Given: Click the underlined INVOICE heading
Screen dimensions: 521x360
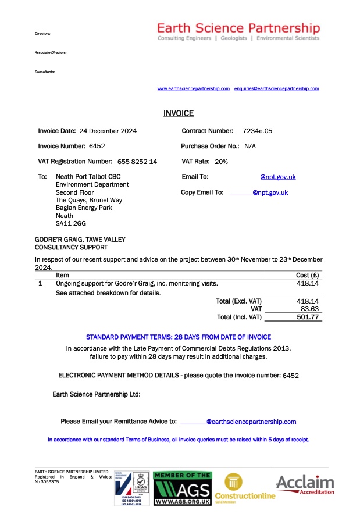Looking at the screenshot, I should tap(179, 113).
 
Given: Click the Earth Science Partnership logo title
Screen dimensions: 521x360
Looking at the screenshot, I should tap(238, 27).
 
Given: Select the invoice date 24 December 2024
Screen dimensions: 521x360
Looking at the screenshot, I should tap(108, 131).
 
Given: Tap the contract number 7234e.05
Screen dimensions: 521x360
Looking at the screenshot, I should tap(258, 131).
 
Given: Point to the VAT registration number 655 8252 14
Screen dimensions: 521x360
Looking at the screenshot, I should tap(137, 162).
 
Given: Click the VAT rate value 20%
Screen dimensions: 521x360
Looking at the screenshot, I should tap(221, 162).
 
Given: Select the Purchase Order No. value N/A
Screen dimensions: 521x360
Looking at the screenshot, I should tap(250, 146).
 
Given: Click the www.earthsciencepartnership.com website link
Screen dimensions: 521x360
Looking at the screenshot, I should tap(194, 88).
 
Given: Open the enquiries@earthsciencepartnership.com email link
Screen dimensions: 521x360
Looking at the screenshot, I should tap(276, 88).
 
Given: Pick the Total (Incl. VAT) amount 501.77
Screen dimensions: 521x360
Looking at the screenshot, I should tap(309, 317).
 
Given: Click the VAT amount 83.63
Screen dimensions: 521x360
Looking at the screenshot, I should tap(311, 309).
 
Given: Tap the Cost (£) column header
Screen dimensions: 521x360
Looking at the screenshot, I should tap(307, 275).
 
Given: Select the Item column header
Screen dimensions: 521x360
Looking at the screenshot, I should tap(62, 275).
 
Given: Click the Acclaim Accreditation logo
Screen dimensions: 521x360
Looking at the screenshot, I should tap(305, 485).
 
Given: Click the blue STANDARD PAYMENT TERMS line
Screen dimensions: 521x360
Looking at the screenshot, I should tap(179, 337).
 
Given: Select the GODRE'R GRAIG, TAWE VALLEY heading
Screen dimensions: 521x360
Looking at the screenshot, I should tap(80, 239).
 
